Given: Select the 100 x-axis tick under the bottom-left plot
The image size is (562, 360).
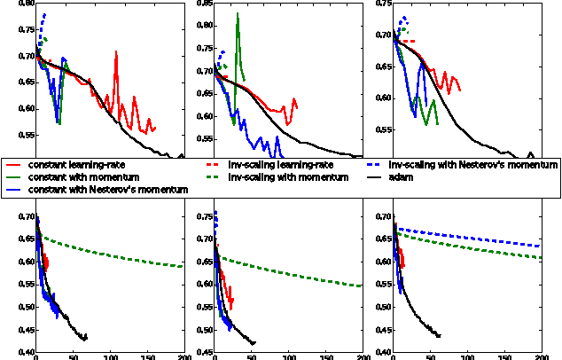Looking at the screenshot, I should [x=110, y=356].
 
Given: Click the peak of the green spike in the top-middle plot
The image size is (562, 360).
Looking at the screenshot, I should [x=238, y=14].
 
